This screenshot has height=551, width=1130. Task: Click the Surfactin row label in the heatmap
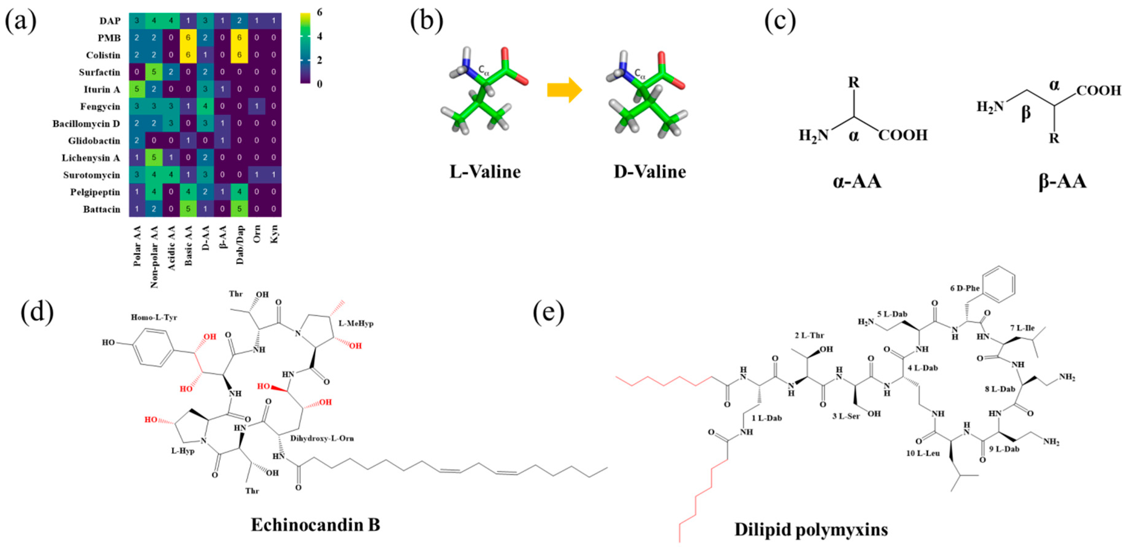[99, 72]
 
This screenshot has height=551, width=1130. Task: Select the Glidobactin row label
[94, 140]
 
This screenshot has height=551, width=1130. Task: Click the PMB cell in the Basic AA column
[188, 38]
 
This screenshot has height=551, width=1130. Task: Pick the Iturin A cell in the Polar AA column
[137, 89]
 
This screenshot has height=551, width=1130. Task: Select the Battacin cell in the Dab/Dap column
[239, 209]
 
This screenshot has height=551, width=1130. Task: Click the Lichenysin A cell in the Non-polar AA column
[154, 158]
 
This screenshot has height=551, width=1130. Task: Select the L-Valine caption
[485, 172]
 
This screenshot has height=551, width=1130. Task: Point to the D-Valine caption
[649, 172]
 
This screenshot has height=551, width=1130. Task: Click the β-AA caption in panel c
[1062, 181]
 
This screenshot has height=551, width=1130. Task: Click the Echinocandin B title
[315, 525]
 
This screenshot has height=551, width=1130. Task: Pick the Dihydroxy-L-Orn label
[322, 438]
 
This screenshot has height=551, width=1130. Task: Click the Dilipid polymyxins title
[811, 530]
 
